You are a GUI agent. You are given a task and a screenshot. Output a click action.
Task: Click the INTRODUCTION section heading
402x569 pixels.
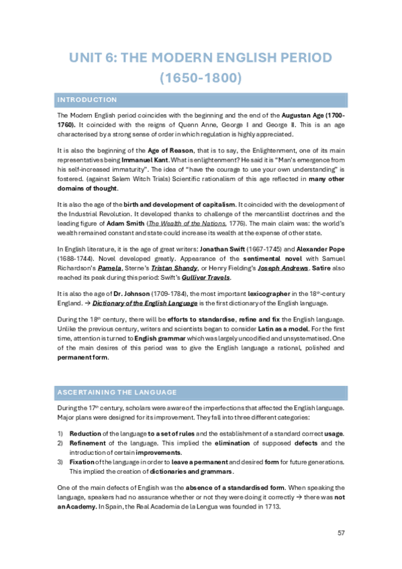click(x=87, y=100)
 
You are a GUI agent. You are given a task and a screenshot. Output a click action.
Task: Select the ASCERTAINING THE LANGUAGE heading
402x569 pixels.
click(x=117, y=392)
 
